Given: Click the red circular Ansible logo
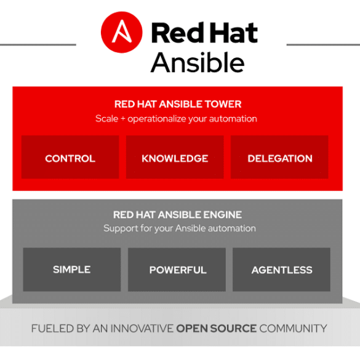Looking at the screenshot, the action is (122, 32).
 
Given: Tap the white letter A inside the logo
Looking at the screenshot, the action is (122, 31).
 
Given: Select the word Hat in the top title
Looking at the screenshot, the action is (233, 33).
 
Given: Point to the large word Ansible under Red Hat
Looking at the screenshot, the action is (198, 62).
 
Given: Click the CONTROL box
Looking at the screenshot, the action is (70, 157).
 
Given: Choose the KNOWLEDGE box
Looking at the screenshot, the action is (175, 157).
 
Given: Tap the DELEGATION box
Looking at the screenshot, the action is (279, 157).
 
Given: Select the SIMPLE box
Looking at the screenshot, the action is (72, 270).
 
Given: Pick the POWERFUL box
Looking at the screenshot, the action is (177, 270).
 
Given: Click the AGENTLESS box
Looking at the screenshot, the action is (281, 270).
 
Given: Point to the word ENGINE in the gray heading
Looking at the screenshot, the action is (223, 215).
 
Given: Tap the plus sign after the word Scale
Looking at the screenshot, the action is (123, 119).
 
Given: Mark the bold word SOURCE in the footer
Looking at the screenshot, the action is (233, 329).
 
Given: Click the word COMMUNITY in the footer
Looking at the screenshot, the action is (293, 329).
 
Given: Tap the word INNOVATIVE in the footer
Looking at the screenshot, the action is (142, 329).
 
